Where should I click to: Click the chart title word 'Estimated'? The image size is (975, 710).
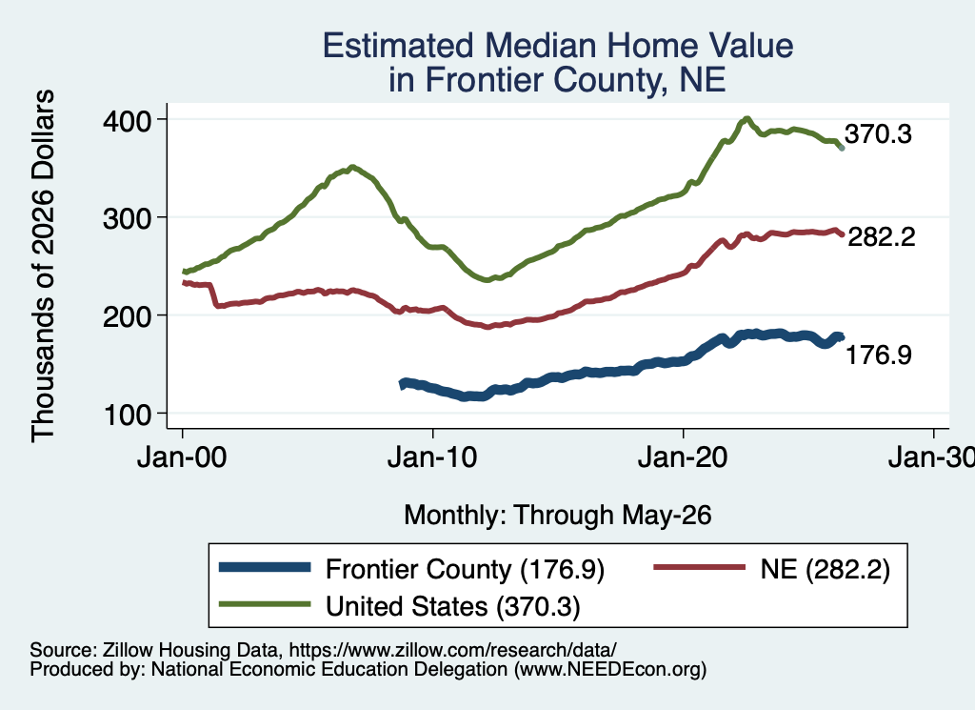399,46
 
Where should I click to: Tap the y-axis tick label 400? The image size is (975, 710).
128,121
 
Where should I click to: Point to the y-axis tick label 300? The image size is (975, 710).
128,218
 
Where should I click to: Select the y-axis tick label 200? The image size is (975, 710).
128,316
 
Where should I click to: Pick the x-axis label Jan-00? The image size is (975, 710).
182,457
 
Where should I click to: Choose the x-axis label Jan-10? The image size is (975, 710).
432,457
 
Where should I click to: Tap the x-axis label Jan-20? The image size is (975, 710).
683,457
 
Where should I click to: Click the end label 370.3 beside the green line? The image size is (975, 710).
878,133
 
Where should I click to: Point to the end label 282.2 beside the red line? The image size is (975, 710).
881,237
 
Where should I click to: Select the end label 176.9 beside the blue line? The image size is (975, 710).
879,355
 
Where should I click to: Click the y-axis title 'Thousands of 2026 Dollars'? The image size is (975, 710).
43,266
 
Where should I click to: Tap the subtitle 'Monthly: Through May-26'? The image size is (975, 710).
558,516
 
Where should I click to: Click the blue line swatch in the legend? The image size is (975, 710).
265,567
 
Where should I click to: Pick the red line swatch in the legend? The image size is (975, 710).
700,567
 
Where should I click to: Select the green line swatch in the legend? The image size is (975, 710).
265,604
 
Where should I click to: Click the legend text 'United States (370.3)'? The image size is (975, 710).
453,607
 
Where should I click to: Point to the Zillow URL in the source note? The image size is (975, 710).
452,650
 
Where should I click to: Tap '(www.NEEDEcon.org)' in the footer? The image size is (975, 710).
610,670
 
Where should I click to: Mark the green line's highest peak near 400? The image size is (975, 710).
746,119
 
